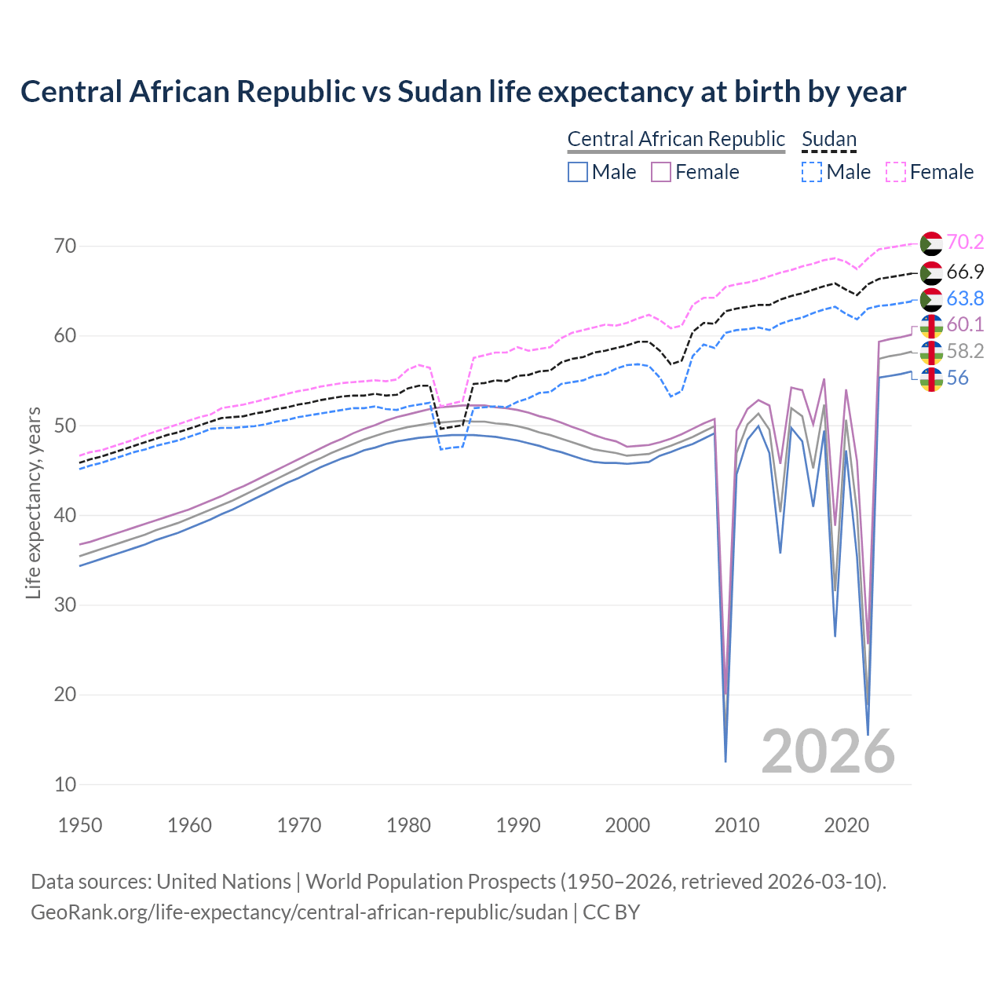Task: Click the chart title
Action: [463, 92]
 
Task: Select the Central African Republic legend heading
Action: [676, 139]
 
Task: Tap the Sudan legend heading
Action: [828, 139]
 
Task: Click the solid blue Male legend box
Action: [578, 172]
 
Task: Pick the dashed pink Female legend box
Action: [896, 172]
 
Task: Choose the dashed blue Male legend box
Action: [812, 172]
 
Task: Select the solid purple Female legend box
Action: [661, 172]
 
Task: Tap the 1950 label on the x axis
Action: [80, 825]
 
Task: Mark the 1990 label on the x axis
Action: [518, 825]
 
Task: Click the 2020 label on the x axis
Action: [846, 825]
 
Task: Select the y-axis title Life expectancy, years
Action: [33, 502]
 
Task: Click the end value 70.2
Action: [965, 243]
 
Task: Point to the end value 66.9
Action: [965, 272]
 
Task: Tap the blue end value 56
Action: [957, 378]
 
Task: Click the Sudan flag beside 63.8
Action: [931, 299]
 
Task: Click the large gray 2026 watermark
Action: [828, 751]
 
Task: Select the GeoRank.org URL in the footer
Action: [298, 912]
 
